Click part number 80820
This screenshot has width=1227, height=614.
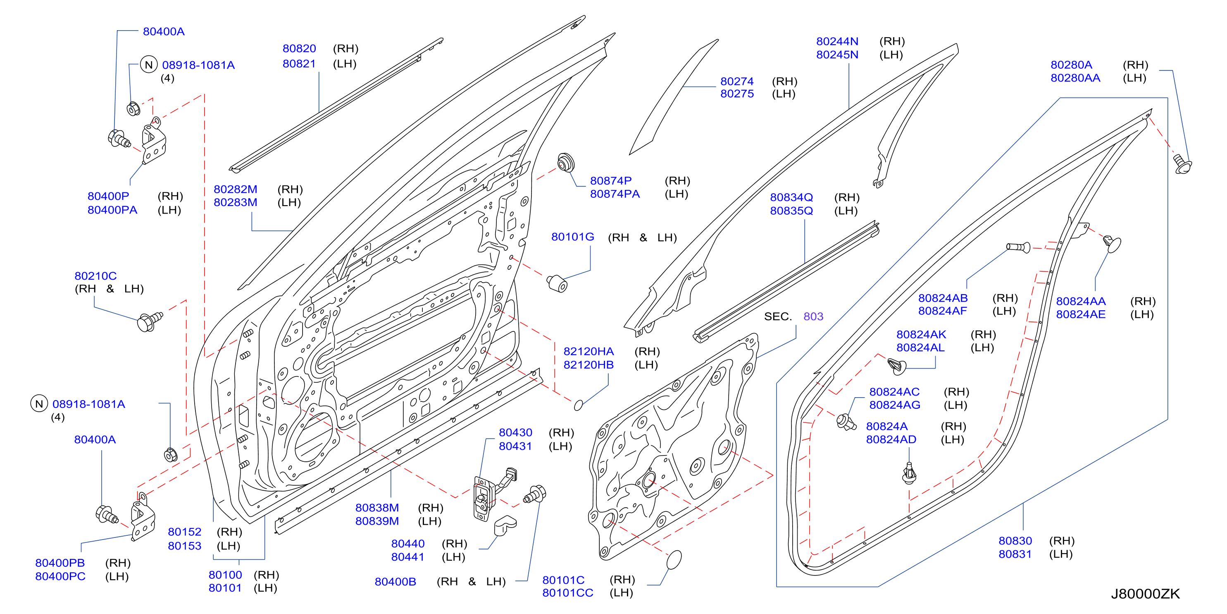point(299,49)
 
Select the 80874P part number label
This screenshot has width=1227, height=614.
point(611,181)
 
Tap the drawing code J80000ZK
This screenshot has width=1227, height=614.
point(1145,594)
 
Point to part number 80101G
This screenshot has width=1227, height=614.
point(572,237)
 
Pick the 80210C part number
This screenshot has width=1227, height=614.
point(95,276)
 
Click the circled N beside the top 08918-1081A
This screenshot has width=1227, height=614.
point(149,65)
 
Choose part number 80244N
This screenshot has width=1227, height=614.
point(837,41)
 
